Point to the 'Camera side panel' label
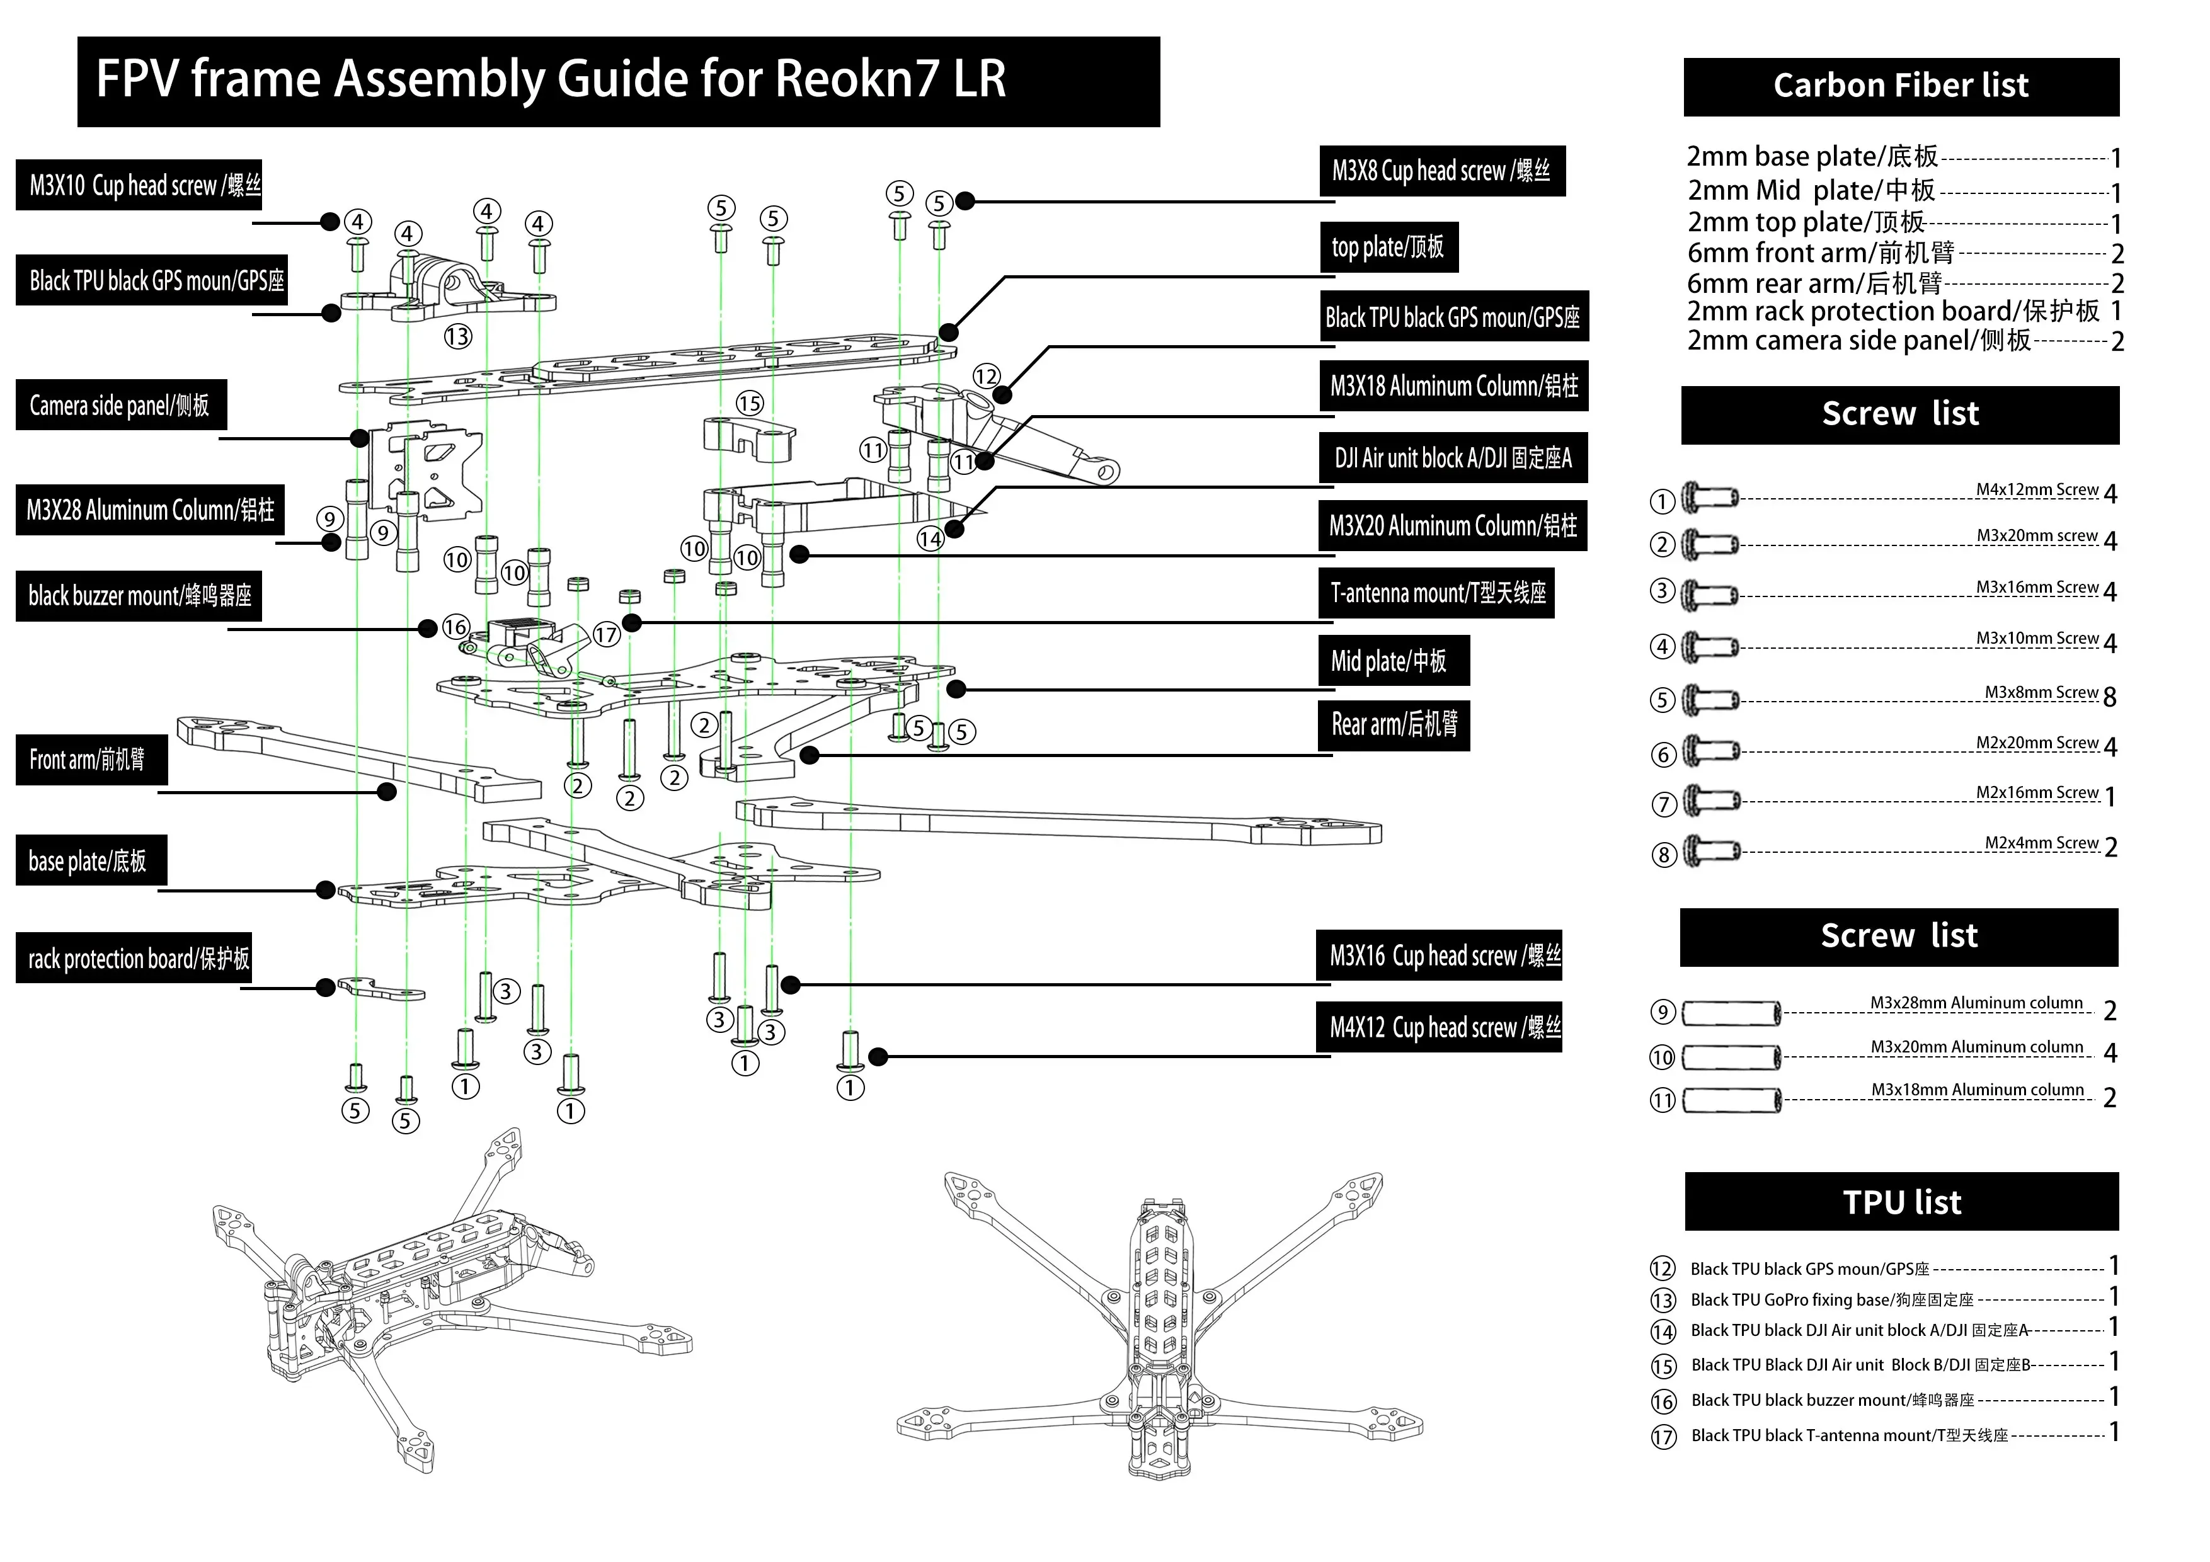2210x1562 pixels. [120, 405]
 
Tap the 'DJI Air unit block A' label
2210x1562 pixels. [1453, 458]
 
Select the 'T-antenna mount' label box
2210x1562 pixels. [1436, 593]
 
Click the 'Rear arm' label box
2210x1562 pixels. [1394, 725]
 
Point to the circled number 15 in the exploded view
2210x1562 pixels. [750, 403]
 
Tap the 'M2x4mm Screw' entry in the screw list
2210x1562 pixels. [2041, 844]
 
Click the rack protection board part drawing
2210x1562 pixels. [381, 989]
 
